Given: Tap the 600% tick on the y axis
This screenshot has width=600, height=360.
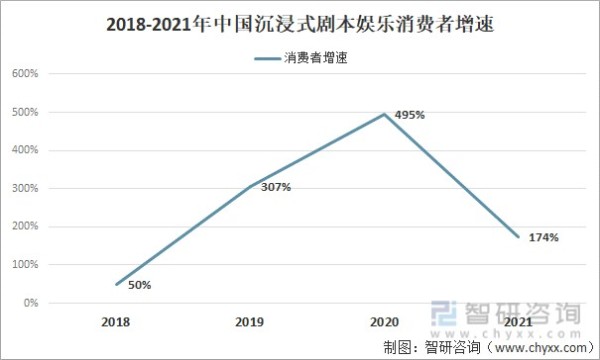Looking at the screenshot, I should point(24,74).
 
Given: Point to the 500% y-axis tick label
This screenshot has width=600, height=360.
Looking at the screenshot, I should point(24,112).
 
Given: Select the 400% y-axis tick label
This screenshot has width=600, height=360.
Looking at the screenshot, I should point(24,150).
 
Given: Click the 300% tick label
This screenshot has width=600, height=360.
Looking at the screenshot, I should point(24,188).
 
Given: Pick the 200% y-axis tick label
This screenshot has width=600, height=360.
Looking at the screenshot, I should point(24,227).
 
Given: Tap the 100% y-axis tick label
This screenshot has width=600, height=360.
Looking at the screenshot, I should point(24,265).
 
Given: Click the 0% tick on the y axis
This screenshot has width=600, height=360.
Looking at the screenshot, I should point(30,303).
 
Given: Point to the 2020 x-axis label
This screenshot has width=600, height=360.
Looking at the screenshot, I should point(384,324).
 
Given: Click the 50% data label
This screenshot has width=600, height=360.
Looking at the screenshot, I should point(139,286).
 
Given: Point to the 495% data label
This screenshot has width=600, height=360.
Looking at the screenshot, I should point(410,115).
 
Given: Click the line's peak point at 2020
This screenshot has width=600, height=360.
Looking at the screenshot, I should point(384,114).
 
